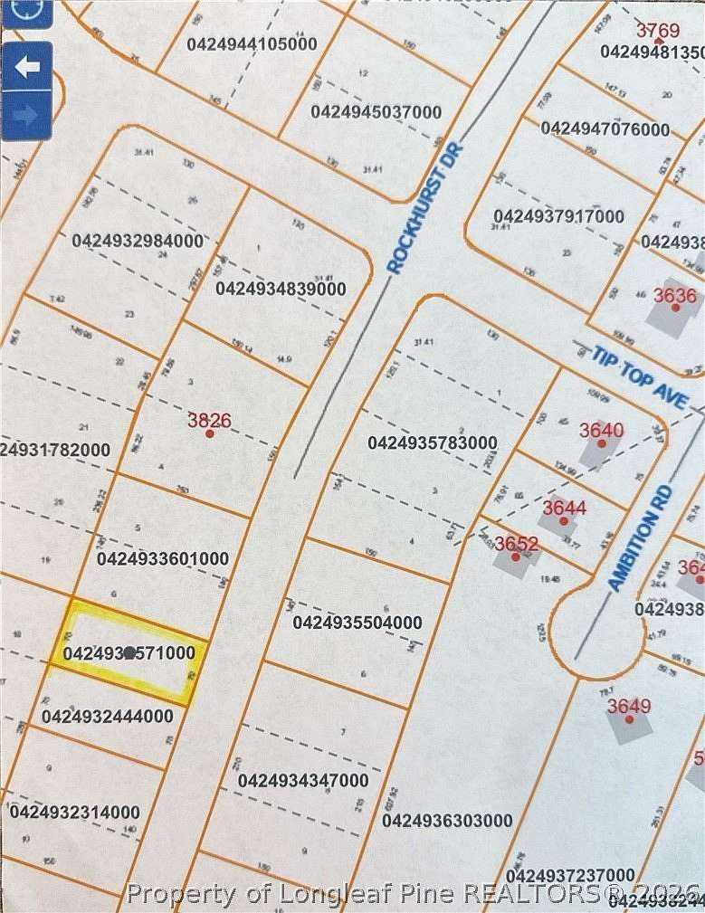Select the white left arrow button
[x=27, y=68]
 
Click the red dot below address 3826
[x=210, y=434]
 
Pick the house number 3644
[x=564, y=508]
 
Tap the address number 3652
[x=517, y=544]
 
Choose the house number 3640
[x=601, y=430]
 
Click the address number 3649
[x=629, y=706]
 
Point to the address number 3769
[x=657, y=31]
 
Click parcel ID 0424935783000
[x=432, y=442]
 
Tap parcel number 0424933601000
[x=162, y=559]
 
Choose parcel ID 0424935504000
[x=357, y=623]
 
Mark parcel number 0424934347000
[x=303, y=780]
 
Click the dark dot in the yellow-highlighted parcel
[x=129, y=651]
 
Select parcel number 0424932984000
[x=138, y=241]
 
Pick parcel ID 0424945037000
[x=376, y=112]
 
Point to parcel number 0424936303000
[x=447, y=821]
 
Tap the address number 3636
[x=675, y=295]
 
